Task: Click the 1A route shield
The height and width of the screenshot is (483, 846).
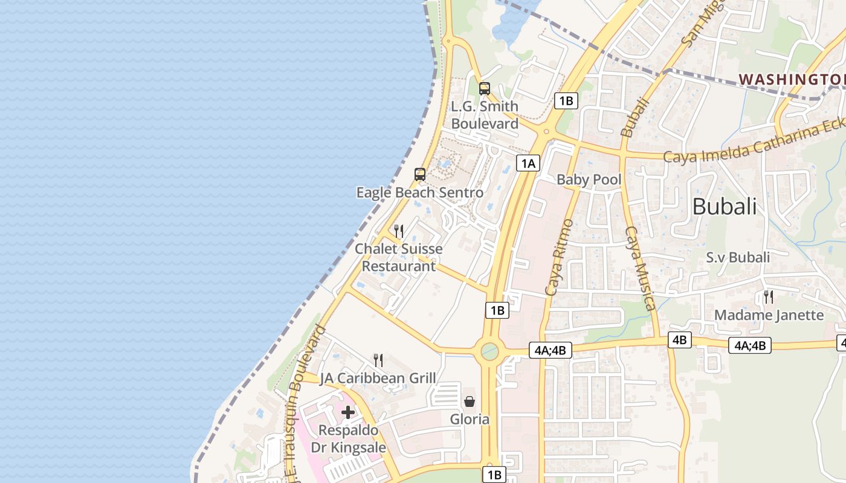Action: coord(528,162)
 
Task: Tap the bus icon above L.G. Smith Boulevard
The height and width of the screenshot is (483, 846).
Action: coord(484,89)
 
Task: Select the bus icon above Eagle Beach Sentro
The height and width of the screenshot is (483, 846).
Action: coord(419,174)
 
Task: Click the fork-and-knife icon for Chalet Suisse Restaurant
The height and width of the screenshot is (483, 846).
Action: coord(398,231)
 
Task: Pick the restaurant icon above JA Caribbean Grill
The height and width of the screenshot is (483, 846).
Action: coord(378,360)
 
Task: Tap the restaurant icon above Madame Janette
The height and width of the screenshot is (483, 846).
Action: coord(768,296)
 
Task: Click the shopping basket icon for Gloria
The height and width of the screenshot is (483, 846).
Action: coord(470,401)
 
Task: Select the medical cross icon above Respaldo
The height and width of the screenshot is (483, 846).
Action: coord(348,412)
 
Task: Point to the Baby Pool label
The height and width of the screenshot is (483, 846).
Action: coord(589,179)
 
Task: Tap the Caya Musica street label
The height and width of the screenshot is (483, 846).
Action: coord(639,268)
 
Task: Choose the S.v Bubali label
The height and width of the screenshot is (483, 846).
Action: coord(738,258)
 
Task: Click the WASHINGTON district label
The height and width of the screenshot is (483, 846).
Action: coord(792,79)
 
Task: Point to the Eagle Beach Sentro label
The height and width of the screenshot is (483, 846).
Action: coord(419,193)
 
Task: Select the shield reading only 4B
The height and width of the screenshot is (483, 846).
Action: coord(679,340)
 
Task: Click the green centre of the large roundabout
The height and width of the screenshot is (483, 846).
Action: coord(489,351)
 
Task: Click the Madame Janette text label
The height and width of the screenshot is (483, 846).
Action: coord(769,315)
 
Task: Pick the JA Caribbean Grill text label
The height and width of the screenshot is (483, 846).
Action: coord(378,379)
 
